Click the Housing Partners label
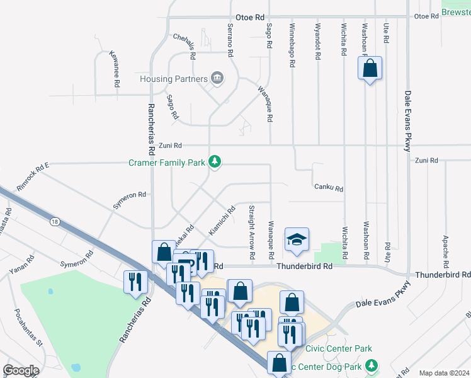[x=173, y=79]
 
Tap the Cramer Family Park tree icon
[x=215, y=162]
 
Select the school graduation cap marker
[x=297, y=239]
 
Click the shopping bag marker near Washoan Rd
[x=370, y=68]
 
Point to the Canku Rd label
[x=329, y=188]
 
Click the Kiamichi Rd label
[x=222, y=220]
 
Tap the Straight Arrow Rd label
[x=251, y=232]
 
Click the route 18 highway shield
[x=55, y=221]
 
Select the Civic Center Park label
[x=338, y=348]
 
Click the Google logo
[x=21, y=370]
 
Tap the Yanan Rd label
[x=21, y=267]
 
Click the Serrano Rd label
[x=230, y=38]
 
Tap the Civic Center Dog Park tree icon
[x=372, y=365]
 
